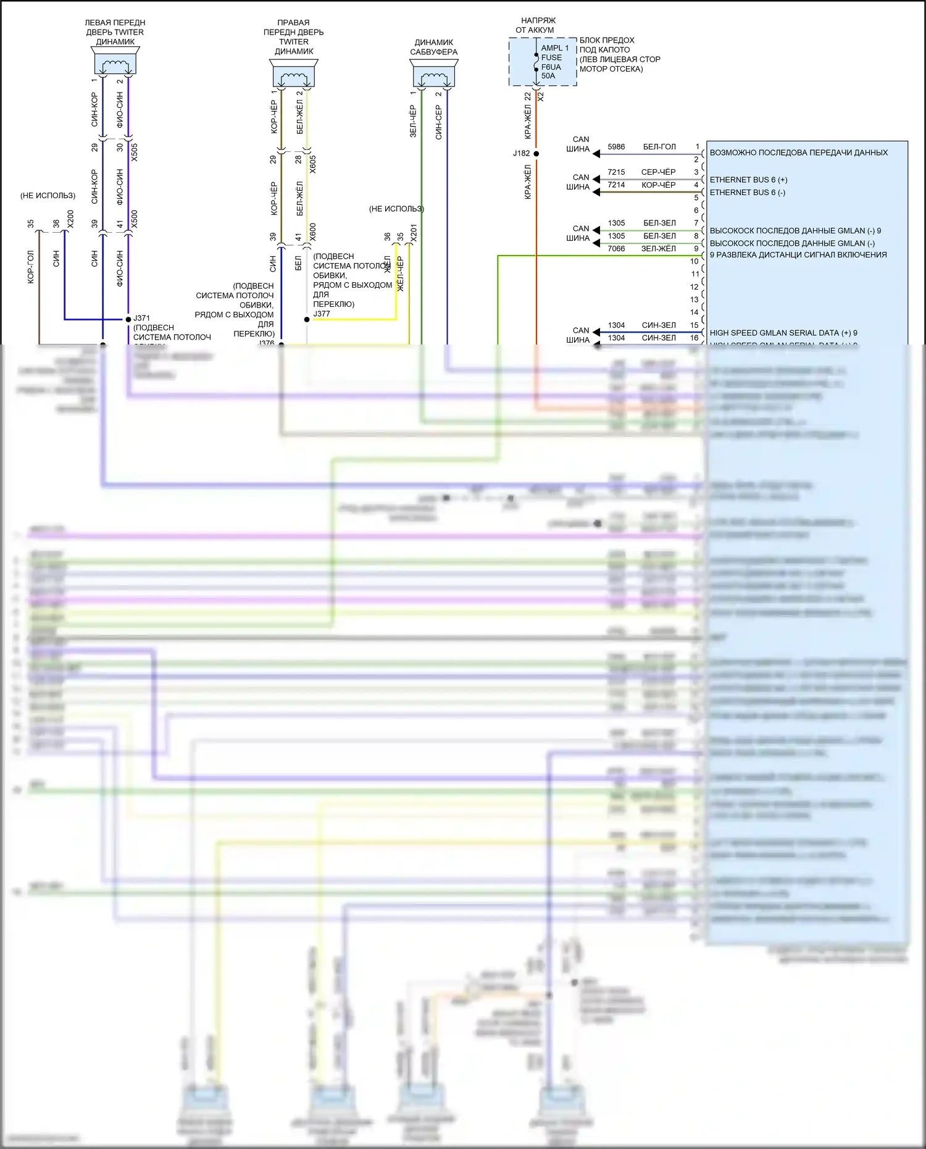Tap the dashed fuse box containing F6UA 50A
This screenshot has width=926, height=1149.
542,62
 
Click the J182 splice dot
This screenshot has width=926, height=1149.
536,153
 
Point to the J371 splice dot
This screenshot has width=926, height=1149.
128,319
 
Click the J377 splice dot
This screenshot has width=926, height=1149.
307,319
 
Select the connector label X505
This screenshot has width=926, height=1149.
135,153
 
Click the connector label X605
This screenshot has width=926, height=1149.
313,164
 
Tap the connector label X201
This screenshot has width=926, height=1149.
414,233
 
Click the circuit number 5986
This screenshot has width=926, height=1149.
616,147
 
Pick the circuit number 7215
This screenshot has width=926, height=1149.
616,172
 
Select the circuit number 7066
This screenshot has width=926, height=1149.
616,249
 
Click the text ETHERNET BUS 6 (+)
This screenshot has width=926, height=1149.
748,180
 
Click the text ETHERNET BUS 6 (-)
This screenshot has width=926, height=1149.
747,193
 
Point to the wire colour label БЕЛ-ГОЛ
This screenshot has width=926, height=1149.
659,147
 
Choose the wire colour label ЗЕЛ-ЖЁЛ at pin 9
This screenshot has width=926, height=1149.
659,249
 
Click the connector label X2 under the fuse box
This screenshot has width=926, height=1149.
541,96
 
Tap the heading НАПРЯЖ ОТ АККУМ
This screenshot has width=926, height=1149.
536,25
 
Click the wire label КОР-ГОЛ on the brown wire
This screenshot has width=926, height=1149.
31,267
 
